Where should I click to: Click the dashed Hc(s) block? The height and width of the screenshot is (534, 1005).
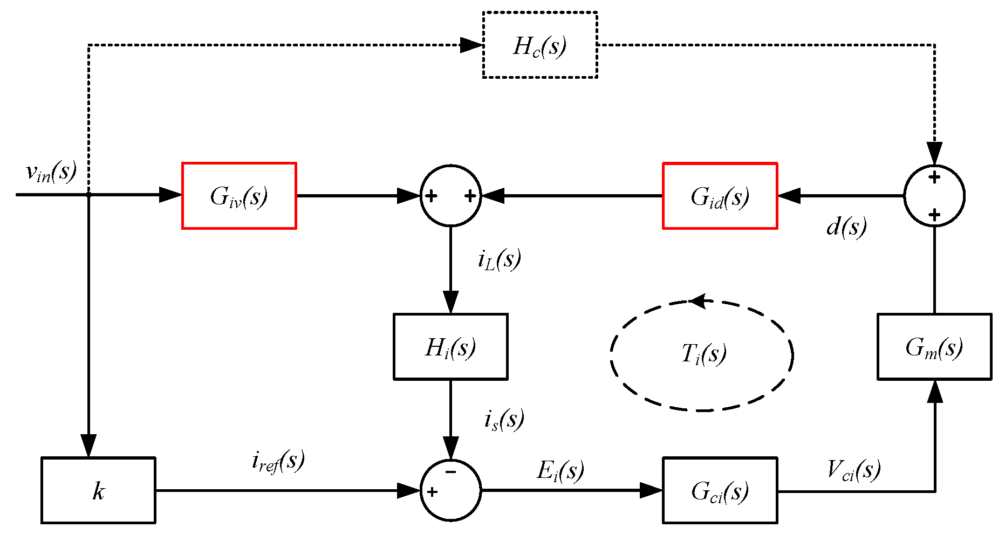click(539, 45)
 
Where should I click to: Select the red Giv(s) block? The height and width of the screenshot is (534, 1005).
click(239, 196)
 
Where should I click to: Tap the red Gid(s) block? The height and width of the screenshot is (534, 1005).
click(720, 196)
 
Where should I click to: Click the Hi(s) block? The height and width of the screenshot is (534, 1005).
click(450, 347)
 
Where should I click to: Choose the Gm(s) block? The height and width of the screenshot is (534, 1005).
click(934, 347)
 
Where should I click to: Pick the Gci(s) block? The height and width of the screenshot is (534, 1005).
click(720, 490)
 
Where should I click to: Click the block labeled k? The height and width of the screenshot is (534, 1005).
click(98, 490)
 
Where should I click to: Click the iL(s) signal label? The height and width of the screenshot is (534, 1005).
click(499, 259)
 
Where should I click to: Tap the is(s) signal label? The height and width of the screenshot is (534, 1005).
click(504, 419)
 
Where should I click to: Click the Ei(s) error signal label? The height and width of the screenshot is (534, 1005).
click(560, 470)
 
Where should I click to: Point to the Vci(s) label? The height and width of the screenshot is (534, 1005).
click(853, 469)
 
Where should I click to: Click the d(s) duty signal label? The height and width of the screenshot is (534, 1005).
click(846, 227)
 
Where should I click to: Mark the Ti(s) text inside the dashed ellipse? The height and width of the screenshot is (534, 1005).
click(703, 354)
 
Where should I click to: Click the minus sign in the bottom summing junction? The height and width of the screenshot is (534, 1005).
click(451, 473)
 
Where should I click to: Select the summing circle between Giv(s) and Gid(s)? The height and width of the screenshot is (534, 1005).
click(450, 195)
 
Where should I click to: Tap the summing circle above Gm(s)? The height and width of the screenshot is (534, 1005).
click(934, 195)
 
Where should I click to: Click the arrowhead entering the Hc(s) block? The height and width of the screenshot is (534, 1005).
click(470, 45)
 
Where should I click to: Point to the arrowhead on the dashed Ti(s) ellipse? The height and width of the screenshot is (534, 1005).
click(698, 301)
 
